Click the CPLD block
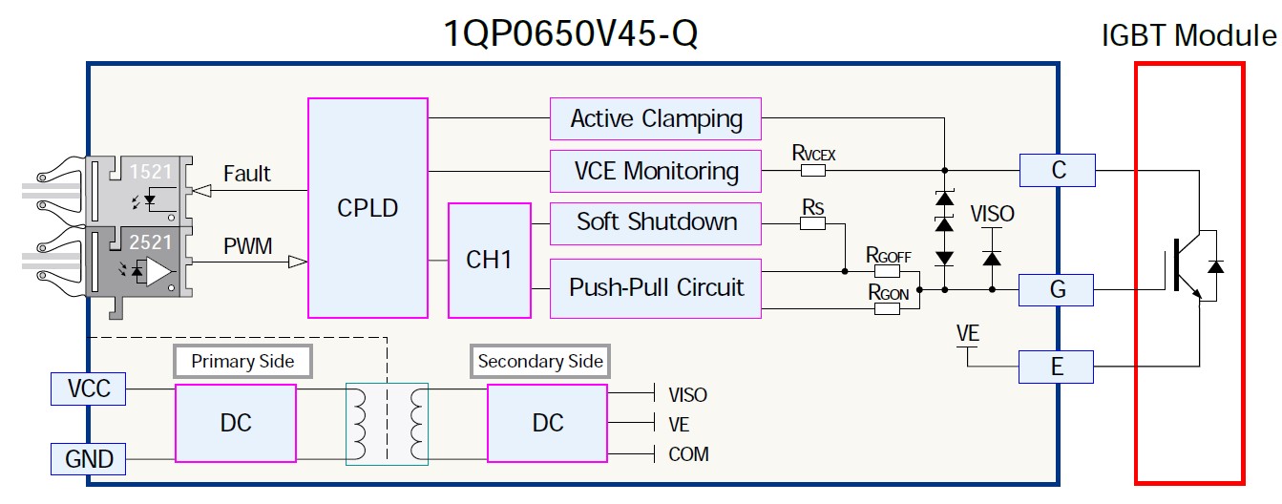tap(368, 207)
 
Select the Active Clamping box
tap(656, 119)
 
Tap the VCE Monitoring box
tap(656, 171)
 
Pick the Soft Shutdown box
tap(656, 222)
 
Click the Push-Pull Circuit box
tap(656, 287)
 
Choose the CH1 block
tap(489, 260)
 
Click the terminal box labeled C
tap(1058, 171)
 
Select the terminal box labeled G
tap(1058, 288)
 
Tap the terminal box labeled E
tap(1058, 367)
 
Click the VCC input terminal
tap(89, 388)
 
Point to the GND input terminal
tap(89, 459)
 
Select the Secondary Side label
tap(540, 361)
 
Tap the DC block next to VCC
tap(236, 423)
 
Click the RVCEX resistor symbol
tap(813, 171)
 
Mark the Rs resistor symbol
tap(812, 223)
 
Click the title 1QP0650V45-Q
tap(571, 35)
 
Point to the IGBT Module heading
tap(1187, 36)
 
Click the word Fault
tap(246, 174)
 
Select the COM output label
tap(688, 454)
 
